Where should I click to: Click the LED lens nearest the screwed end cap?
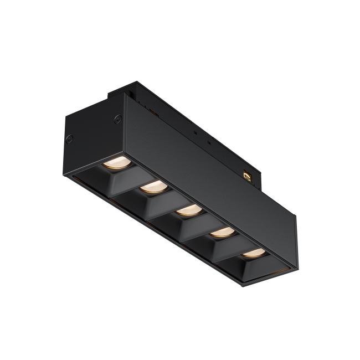click(117, 162)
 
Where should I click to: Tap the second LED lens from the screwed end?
click(153, 187)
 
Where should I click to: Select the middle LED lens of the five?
click(189, 210)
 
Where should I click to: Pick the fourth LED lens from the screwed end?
click(222, 232)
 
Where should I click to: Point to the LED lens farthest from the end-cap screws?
click(254, 253)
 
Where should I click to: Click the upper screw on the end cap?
click(117, 118)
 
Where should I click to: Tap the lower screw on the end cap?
click(69, 138)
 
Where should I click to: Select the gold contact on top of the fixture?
click(248, 176)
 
